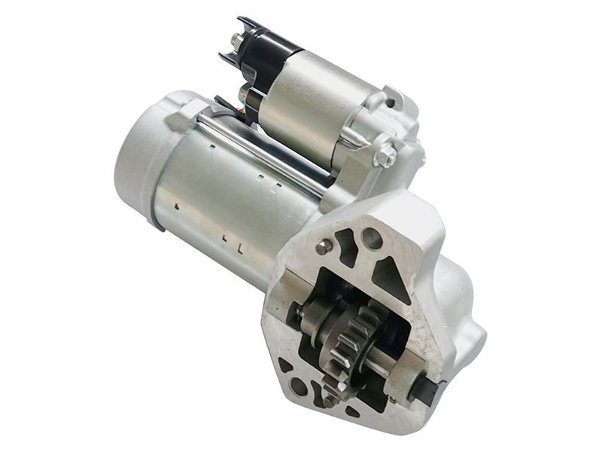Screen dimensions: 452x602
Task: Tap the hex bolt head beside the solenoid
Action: point(385,156)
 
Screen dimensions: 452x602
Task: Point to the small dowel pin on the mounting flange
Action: point(322,246)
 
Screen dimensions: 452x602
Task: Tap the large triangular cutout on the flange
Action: point(389,277)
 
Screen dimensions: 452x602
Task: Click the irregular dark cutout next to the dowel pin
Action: point(347,247)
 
